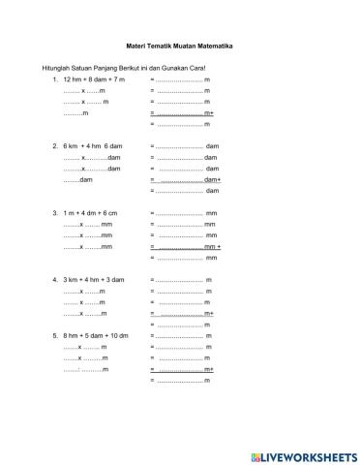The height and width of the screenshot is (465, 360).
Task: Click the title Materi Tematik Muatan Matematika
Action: click(179, 46)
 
